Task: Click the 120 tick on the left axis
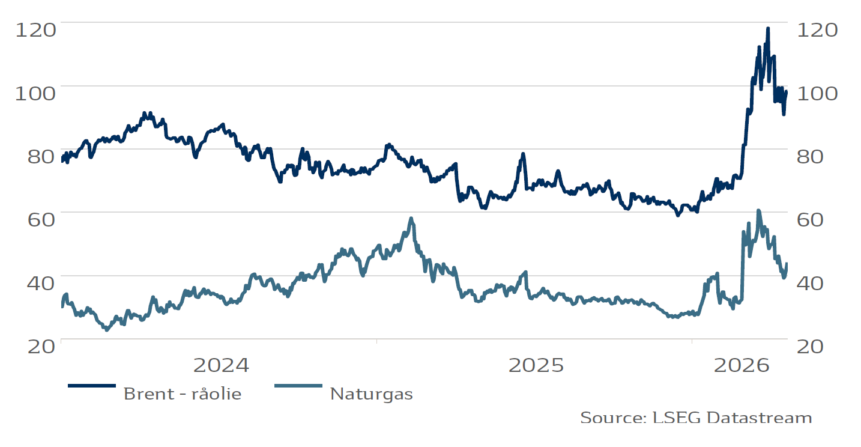[35, 29]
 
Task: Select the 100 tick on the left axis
[35, 93]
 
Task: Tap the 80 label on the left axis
[36, 156]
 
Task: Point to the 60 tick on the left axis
[36, 219]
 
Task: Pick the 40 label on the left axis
[36, 282]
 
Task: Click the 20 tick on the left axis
[36, 346]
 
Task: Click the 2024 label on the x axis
[220, 365]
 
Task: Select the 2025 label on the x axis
[536, 365]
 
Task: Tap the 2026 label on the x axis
[742, 365]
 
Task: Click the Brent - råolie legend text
[182, 394]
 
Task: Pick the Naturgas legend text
[371, 394]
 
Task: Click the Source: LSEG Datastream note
[696, 418]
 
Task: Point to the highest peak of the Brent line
[767, 28]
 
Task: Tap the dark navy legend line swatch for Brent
[91, 386]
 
